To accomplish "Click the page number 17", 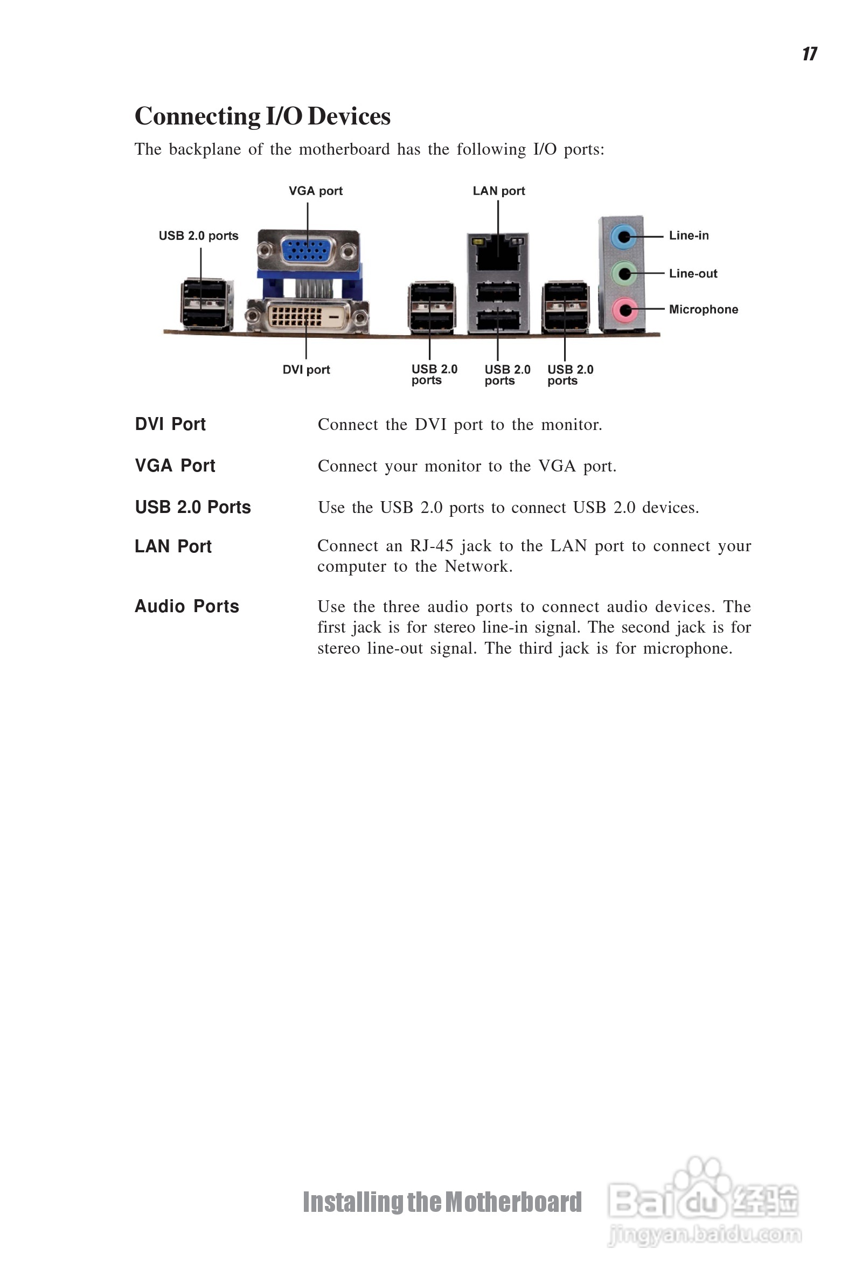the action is pyautogui.click(x=810, y=53).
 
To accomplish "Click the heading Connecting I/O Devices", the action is pyautogui.click(x=262, y=116).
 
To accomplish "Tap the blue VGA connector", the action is pyautogui.click(x=308, y=249).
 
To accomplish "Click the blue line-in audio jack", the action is pyautogui.click(x=623, y=237).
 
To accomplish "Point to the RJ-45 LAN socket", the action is pyautogui.click(x=498, y=254).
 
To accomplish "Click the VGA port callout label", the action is pyautogui.click(x=316, y=191).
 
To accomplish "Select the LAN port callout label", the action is pyautogui.click(x=498, y=191).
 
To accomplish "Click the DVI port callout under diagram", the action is pyautogui.click(x=306, y=370).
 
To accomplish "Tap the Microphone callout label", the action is pyautogui.click(x=704, y=310).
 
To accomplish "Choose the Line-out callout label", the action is pyautogui.click(x=693, y=274).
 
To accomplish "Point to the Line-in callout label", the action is pyautogui.click(x=689, y=235).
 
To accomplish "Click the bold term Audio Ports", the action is pyautogui.click(x=187, y=606).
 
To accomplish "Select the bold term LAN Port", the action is pyautogui.click(x=173, y=546).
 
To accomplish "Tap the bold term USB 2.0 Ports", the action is pyautogui.click(x=193, y=507).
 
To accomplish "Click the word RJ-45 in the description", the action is pyautogui.click(x=432, y=546).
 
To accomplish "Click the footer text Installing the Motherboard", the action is pyautogui.click(x=442, y=1202).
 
